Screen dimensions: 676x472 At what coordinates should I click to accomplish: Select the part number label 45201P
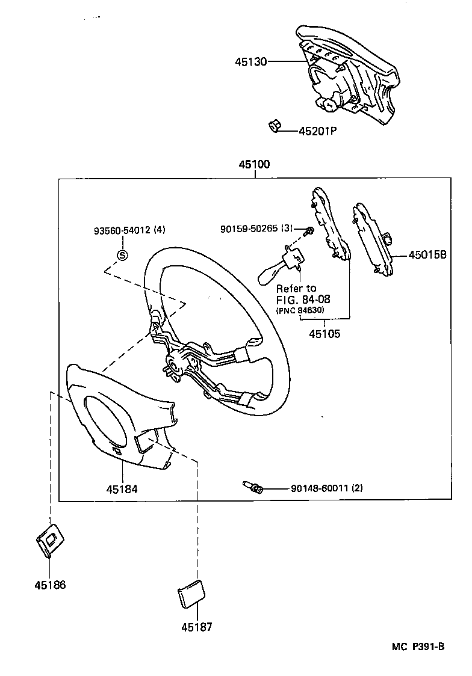pyautogui.click(x=317, y=131)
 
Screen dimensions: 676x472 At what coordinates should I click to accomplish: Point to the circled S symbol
pyautogui.click(x=122, y=255)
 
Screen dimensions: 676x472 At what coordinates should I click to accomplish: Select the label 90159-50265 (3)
pyautogui.click(x=256, y=229)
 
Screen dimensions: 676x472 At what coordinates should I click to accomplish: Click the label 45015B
pyautogui.click(x=427, y=254)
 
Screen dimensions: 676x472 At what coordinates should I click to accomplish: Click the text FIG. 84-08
pyautogui.click(x=303, y=299)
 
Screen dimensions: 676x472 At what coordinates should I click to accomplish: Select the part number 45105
pyautogui.click(x=324, y=333)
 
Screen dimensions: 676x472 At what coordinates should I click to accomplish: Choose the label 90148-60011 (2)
pyautogui.click(x=326, y=488)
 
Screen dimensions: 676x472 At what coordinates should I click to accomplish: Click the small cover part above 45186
pyautogui.click(x=51, y=538)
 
